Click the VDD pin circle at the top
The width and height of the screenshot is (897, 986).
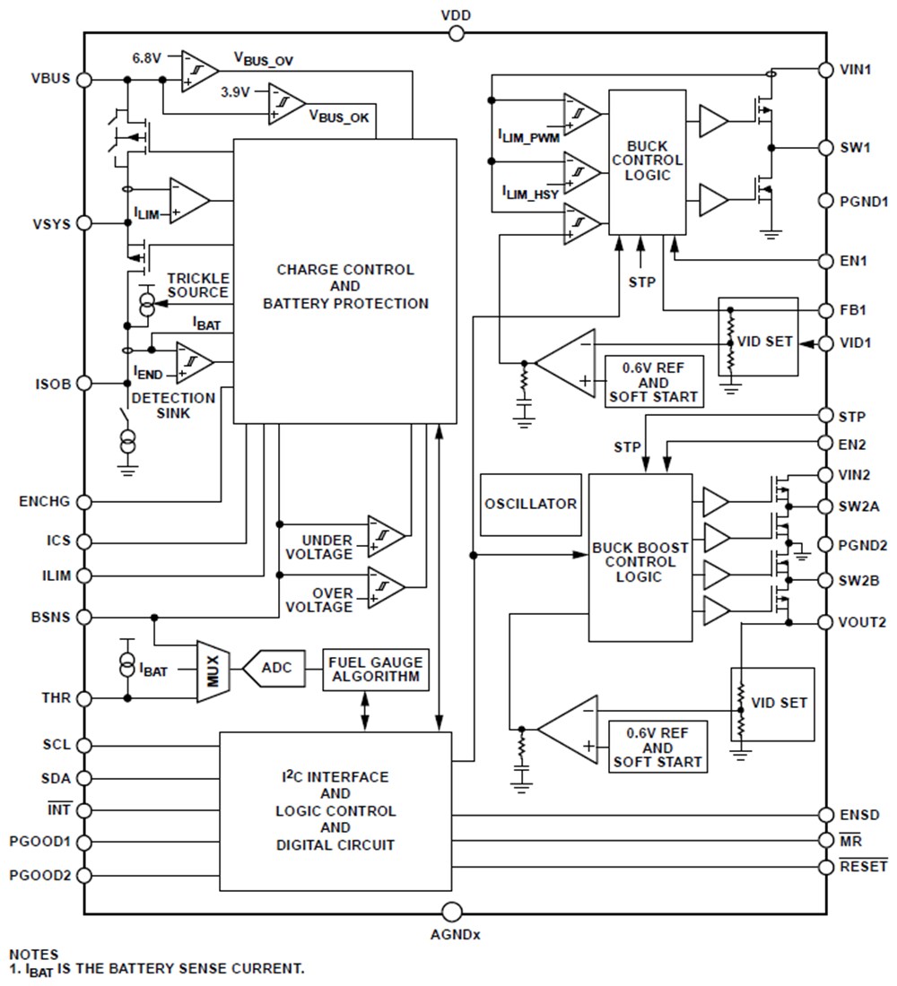[x=457, y=33]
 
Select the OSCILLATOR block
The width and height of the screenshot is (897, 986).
[x=530, y=504]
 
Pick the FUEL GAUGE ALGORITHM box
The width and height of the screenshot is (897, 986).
[x=376, y=669]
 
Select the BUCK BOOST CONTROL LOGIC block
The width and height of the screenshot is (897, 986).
[x=640, y=558]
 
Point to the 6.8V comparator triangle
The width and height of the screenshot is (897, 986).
[x=199, y=68]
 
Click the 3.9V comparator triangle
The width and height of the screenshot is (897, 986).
[x=286, y=102]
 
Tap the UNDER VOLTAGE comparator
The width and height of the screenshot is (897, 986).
[x=385, y=534]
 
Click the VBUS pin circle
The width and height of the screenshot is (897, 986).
[x=85, y=79]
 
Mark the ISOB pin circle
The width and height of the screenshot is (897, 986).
[x=85, y=383]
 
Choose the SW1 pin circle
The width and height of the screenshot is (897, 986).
[x=827, y=148]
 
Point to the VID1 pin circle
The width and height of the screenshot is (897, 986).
[x=827, y=343]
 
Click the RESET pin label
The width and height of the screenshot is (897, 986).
[x=864, y=867]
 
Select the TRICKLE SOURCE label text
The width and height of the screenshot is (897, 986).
[x=197, y=286]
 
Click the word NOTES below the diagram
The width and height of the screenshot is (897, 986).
[x=33, y=955]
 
